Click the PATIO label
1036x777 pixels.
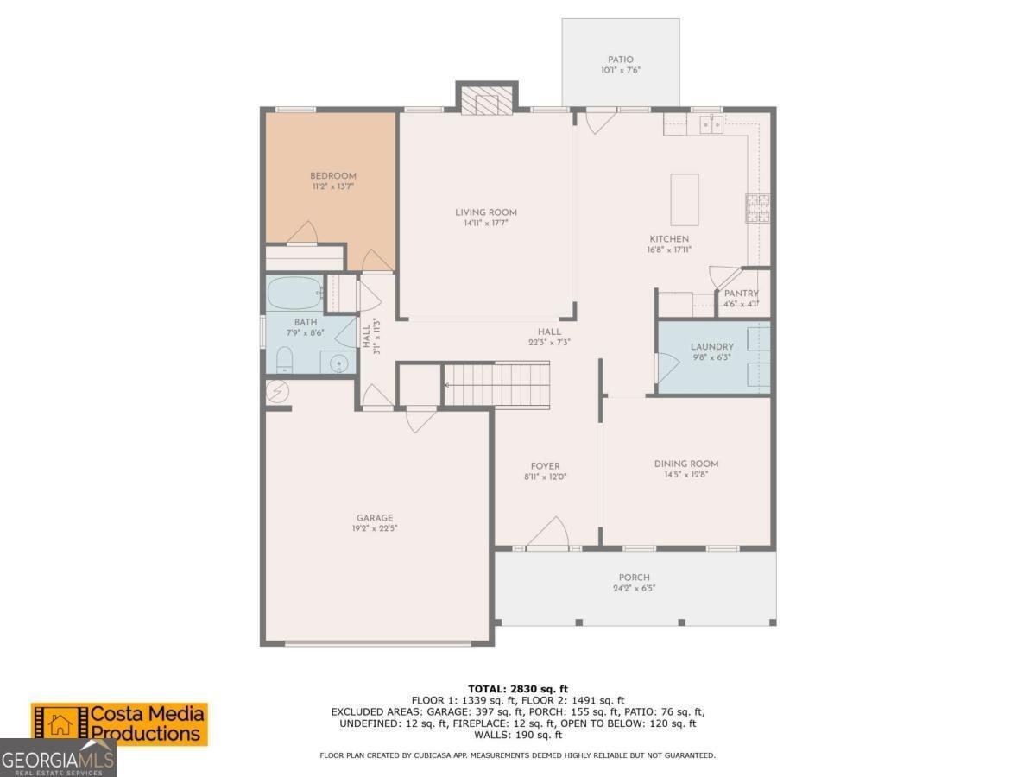620,60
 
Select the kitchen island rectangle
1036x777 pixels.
685,199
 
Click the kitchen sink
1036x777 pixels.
711,124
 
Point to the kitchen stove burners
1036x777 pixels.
757,208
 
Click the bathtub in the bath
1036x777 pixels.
295,293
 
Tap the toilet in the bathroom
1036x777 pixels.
284,360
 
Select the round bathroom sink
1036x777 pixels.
338,363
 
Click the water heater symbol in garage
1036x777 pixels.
277,392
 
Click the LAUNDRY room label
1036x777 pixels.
711,347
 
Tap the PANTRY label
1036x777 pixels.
742,294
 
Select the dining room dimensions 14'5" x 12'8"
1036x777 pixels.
686,475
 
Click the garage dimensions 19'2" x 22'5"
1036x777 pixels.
375,528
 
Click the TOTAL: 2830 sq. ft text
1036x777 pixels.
518,689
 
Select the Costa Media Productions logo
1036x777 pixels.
119,724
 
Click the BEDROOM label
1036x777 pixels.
333,176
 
